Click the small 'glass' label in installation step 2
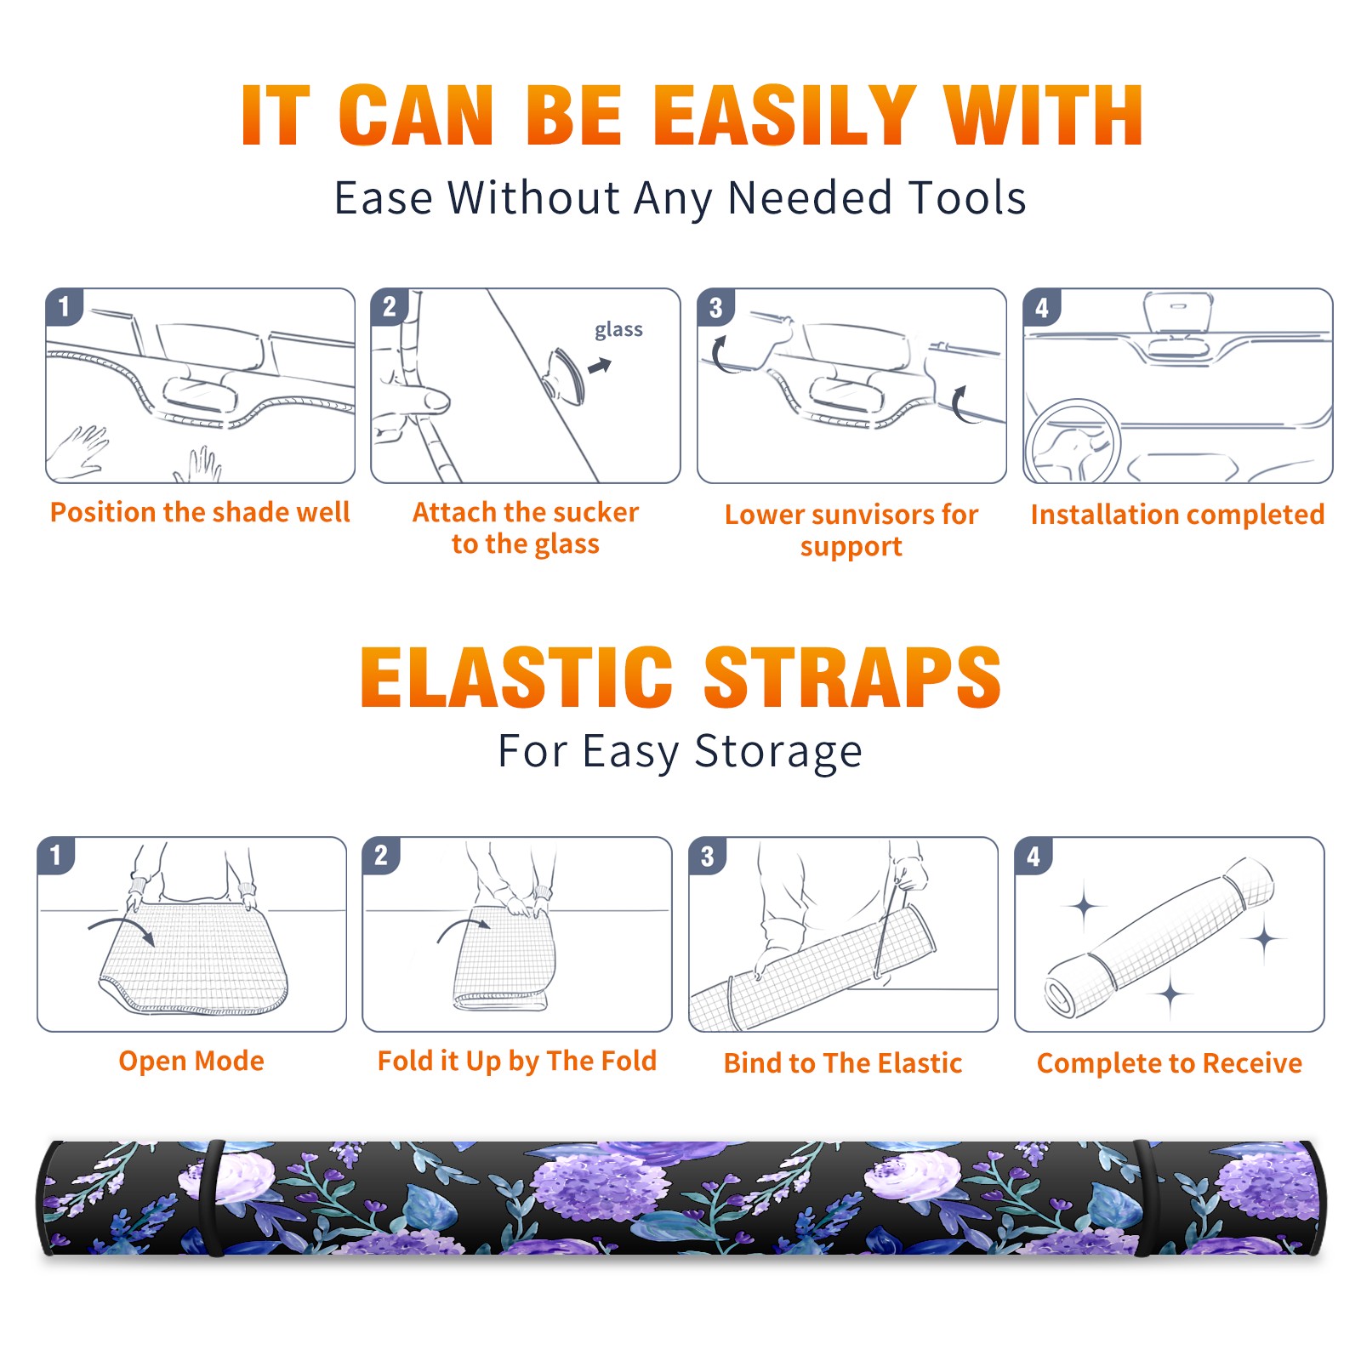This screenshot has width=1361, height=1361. click(618, 330)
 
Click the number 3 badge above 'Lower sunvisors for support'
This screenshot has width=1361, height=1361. click(716, 307)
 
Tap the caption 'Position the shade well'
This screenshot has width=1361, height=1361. click(200, 512)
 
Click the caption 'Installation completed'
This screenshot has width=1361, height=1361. click(1177, 515)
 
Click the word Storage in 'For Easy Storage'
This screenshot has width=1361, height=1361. click(778, 752)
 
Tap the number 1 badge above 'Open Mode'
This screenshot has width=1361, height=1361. click(56, 855)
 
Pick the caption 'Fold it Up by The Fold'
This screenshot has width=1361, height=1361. click(517, 1061)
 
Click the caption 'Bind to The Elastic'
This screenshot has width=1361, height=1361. click(843, 1063)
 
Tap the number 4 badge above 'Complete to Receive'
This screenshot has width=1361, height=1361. click(1034, 856)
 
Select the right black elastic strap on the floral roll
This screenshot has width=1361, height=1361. click(1142, 1199)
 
